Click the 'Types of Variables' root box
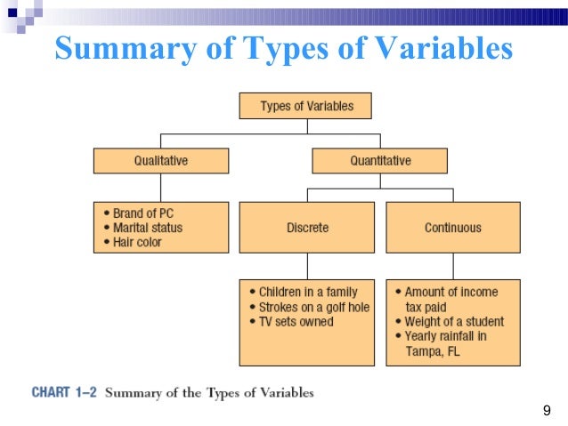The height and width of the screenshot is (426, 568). (305, 106)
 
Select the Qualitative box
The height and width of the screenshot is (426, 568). (161, 161)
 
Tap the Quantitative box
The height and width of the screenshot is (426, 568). (379, 161)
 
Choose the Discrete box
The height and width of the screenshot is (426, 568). (307, 228)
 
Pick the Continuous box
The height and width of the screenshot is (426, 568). (453, 228)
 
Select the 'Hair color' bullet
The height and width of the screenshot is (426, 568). (136, 242)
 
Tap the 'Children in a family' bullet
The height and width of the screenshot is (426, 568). (307, 292)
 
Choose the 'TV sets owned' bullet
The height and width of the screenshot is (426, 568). (296, 322)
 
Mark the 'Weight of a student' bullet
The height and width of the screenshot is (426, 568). (453, 322)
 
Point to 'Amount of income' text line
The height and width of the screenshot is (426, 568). (450, 292)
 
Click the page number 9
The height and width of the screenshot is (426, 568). (547, 410)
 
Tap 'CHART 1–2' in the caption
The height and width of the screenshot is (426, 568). (63, 392)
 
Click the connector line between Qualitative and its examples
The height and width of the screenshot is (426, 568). (161, 188)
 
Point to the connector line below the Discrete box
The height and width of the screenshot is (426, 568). (307, 266)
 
